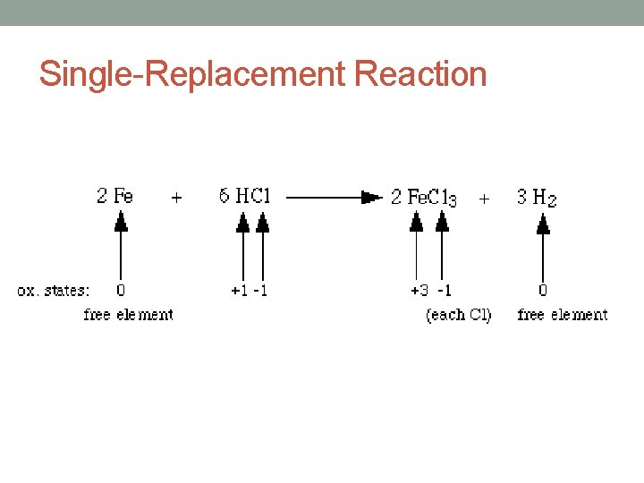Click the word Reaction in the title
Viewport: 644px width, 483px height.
pos(420,73)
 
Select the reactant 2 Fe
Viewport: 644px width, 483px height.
pos(114,196)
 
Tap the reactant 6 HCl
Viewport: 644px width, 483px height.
pos(243,196)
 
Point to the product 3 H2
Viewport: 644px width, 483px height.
pos(537,198)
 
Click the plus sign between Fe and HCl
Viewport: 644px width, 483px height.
pos(176,199)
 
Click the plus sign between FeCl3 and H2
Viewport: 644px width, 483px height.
pos(484,199)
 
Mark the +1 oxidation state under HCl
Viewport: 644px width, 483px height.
pos(240,291)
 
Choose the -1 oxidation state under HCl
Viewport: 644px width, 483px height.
pos(261,291)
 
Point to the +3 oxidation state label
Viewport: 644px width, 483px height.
pos(419,291)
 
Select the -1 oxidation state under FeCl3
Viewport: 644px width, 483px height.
pos(444,291)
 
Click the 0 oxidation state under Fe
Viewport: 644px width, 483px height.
pos(121,291)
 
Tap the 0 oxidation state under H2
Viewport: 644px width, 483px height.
pos(543,291)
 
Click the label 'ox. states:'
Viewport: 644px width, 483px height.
pos(54,291)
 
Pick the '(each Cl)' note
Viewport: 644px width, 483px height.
pos(458,315)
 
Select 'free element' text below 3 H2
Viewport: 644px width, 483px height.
pos(562,315)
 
